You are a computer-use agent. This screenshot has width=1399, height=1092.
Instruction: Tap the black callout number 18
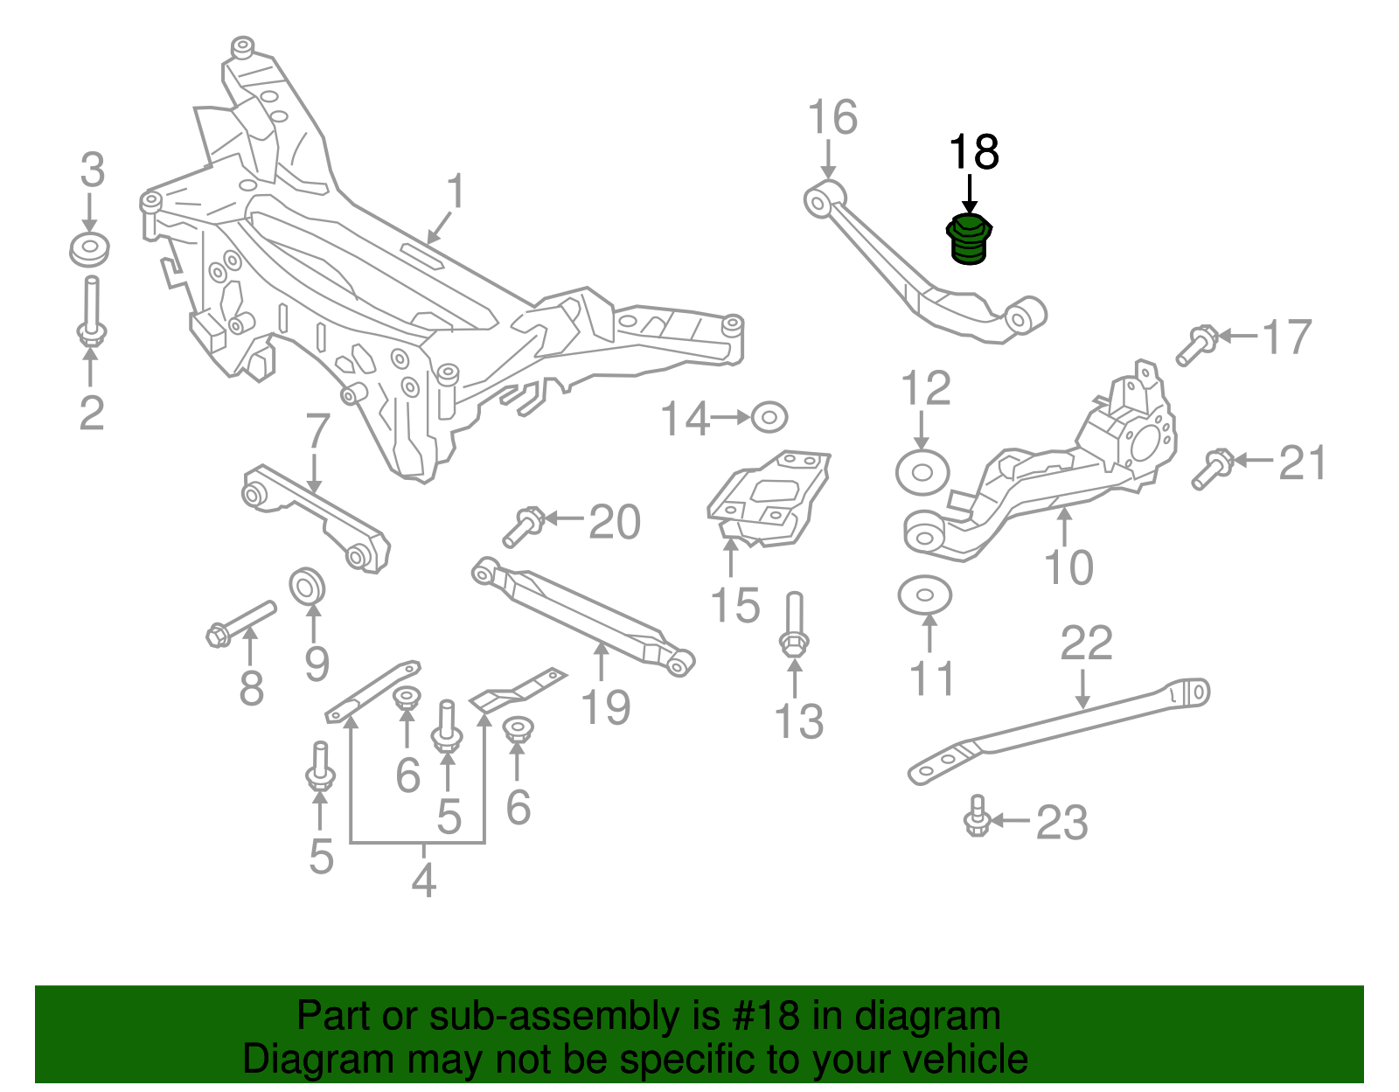click(973, 152)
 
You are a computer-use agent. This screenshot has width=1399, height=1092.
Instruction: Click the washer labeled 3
click(89, 250)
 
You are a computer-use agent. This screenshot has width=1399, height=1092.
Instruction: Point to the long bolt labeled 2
click(91, 310)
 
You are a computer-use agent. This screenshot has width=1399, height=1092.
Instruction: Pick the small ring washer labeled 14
click(769, 417)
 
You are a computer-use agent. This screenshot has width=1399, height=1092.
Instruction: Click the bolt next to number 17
click(1195, 344)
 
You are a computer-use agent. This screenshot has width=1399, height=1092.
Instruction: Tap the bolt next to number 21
click(1211, 469)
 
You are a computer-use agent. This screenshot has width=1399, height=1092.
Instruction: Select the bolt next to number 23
click(978, 817)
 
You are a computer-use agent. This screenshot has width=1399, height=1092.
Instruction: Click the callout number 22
click(1086, 643)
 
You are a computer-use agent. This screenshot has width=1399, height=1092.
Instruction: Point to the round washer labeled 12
click(922, 472)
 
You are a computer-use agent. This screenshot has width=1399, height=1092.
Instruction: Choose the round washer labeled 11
click(924, 595)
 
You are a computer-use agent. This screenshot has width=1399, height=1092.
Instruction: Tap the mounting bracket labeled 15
click(768, 497)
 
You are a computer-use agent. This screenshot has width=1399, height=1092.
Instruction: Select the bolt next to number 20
click(524, 526)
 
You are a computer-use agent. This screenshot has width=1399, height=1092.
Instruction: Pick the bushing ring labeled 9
click(308, 585)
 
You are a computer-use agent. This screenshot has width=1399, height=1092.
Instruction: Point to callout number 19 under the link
click(605, 706)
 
